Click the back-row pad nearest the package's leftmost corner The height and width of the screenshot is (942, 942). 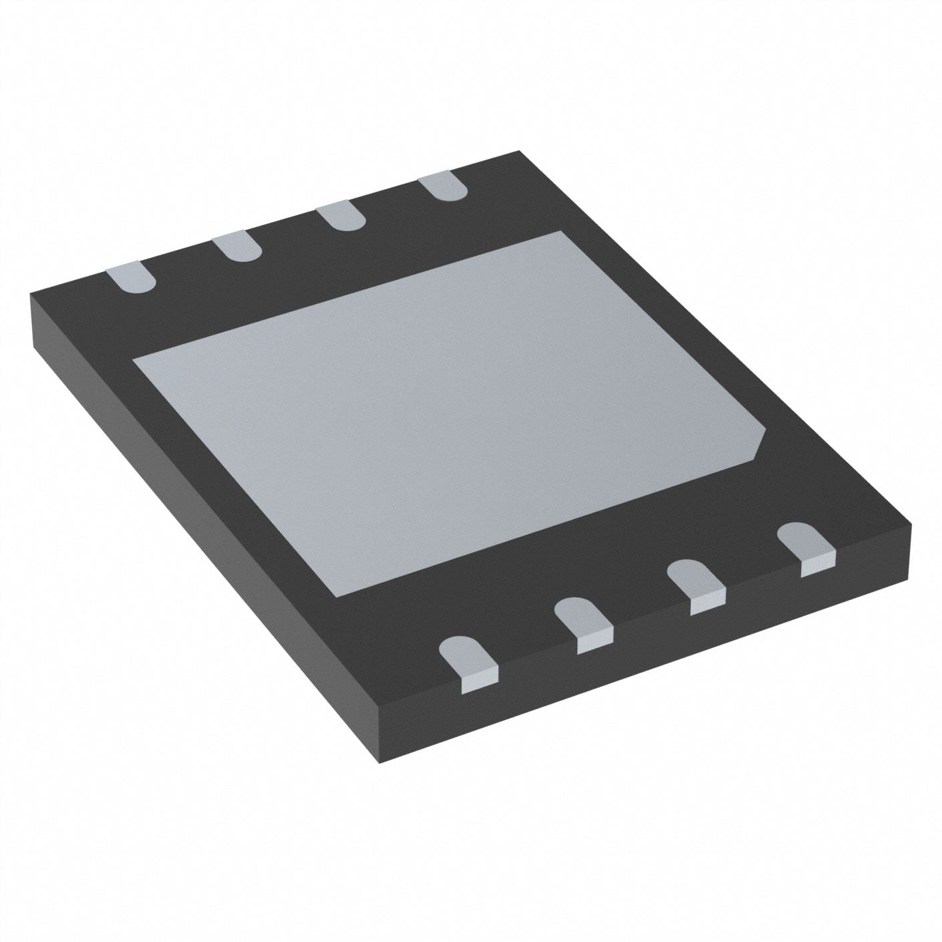click(x=130, y=277)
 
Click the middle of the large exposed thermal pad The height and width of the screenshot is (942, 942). click(x=448, y=411)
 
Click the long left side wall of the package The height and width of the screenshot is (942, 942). click(x=200, y=534)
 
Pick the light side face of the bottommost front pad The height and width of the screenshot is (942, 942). click(x=480, y=680)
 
